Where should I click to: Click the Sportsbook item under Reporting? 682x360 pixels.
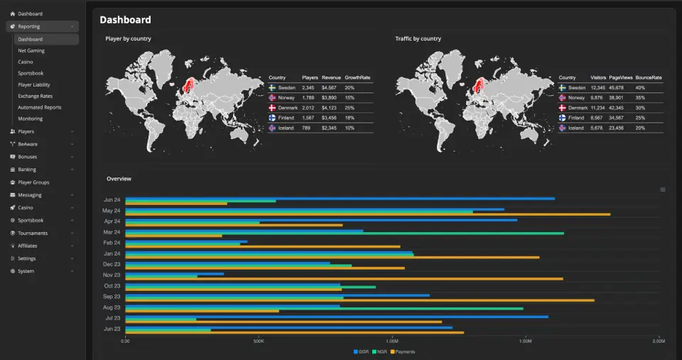(31, 73)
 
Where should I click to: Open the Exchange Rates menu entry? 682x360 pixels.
(35, 96)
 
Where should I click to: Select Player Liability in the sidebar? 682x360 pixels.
(34, 84)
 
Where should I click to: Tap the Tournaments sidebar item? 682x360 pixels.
(33, 233)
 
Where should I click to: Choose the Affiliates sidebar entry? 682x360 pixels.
(28, 246)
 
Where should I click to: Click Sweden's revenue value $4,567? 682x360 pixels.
(329, 87)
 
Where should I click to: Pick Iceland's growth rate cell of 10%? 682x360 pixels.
(350, 128)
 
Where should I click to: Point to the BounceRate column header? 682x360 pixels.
(649, 77)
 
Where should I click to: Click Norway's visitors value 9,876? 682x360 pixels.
(597, 97)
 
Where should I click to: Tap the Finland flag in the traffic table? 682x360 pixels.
(562, 118)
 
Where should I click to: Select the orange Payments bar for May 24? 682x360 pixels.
(367, 214)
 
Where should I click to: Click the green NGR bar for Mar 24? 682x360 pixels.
(345, 233)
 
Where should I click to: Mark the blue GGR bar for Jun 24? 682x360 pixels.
(340, 199)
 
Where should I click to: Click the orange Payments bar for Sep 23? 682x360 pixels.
(359, 300)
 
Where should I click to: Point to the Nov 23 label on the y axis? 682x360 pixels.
(112, 275)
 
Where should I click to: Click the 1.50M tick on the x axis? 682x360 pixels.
(525, 342)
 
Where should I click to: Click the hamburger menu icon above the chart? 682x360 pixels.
(663, 190)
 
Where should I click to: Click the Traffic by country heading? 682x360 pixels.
(418, 38)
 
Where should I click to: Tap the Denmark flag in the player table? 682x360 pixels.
(272, 107)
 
